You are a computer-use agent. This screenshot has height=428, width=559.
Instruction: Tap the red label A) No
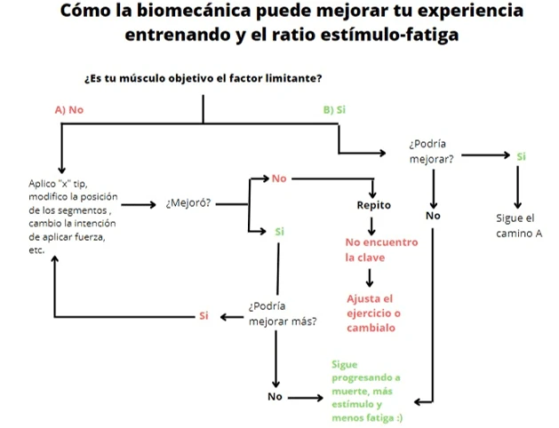68,110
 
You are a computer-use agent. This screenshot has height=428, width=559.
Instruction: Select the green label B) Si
334,110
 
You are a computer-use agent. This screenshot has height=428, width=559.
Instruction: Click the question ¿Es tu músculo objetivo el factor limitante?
203,78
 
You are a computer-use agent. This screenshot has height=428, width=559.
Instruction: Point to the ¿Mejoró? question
188,203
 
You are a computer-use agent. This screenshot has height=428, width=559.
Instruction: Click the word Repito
373,205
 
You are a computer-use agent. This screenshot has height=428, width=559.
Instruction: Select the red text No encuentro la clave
380,249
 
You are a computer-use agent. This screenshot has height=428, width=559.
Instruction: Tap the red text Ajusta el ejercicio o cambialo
373,313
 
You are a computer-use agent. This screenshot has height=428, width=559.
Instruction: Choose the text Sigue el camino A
515,226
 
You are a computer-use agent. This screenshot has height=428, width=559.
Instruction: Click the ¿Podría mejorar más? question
282,313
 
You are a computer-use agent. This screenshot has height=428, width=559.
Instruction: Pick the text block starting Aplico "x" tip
71,217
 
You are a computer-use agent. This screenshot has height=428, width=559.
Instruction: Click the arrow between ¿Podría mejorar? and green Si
484,156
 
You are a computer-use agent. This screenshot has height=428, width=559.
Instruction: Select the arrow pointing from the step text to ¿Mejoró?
139,203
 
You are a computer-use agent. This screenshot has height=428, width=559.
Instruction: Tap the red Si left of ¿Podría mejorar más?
204,316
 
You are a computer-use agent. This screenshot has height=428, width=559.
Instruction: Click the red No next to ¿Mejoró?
279,179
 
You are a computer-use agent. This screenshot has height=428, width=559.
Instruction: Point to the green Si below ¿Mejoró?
279,232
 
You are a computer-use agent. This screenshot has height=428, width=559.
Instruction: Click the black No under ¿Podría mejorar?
433,216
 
